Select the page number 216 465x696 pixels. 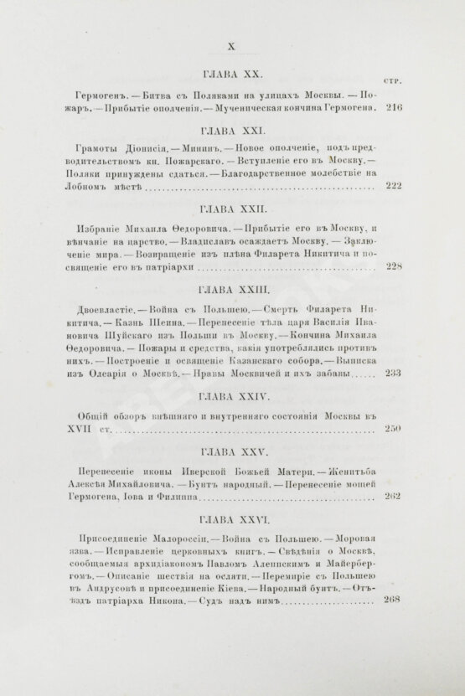click(393, 108)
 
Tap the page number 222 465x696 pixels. click(393, 188)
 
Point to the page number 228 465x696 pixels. click(393, 267)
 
